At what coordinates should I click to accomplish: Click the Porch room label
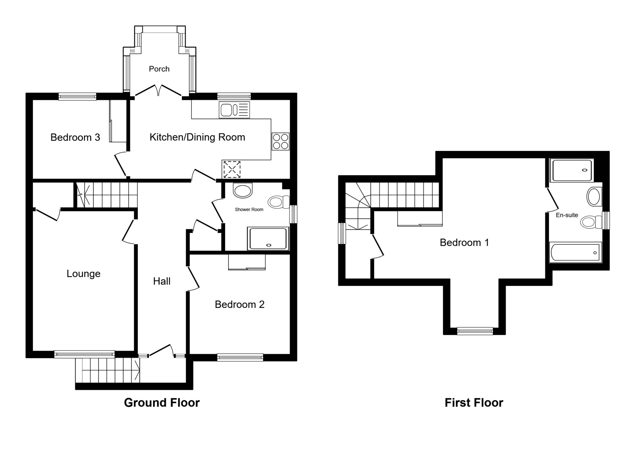point(159,69)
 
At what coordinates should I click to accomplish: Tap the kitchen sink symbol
point(234,110)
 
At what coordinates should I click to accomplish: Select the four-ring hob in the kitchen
point(280,142)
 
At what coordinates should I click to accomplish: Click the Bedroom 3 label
point(75,137)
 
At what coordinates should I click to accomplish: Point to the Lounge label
point(84,274)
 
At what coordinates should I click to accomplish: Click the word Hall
point(161,281)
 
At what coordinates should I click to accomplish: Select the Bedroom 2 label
point(239,304)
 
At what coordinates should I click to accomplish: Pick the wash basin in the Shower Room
point(243,191)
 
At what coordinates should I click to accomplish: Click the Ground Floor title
point(161,403)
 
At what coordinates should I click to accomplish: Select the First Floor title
point(474,403)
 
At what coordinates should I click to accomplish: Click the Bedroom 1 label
point(464,242)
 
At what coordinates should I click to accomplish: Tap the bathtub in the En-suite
point(575,252)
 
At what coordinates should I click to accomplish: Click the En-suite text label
point(567,215)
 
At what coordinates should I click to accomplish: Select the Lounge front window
point(84,354)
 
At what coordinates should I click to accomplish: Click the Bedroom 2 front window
point(240,358)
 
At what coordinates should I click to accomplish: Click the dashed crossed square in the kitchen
point(232,169)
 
